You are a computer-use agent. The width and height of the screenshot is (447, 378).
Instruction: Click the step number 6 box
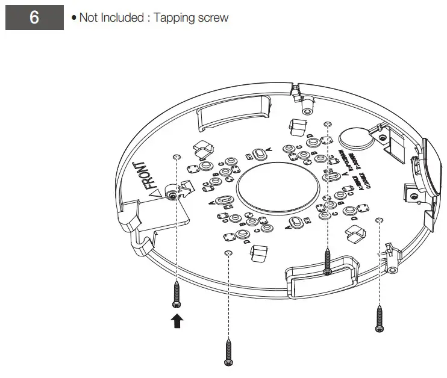[34, 17]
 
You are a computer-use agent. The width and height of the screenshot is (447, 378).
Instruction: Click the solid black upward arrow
[177, 321]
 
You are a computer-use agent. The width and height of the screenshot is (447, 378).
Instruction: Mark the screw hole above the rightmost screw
[379, 220]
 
